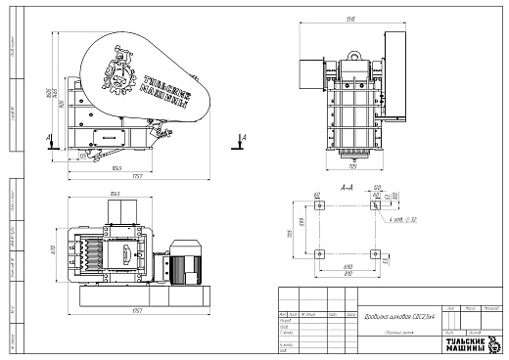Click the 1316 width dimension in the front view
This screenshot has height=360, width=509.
[x=348, y=19]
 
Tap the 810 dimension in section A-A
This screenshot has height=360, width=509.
[x=347, y=273]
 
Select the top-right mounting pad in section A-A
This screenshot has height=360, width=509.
[x=376, y=206]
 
